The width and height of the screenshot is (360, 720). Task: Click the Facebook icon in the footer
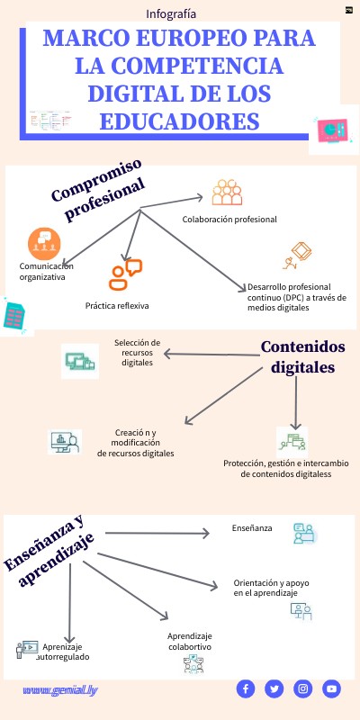(246, 688)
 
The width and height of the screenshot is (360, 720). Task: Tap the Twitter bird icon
(274, 688)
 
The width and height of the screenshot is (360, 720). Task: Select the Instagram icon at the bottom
(303, 688)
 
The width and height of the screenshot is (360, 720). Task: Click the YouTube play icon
(332, 688)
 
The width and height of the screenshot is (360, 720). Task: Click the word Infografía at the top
(171, 13)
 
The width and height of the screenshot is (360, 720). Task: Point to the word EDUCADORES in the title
(181, 121)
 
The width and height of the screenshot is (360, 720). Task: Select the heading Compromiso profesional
(98, 199)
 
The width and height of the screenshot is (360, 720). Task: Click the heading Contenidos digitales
(302, 357)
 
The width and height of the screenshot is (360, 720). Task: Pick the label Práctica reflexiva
(117, 306)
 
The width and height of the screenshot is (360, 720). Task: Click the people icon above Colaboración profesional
(227, 193)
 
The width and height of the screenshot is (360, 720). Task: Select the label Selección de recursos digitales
(137, 352)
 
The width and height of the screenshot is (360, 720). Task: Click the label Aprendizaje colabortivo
(190, 641)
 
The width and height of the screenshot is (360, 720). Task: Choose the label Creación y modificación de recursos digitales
(136, 442)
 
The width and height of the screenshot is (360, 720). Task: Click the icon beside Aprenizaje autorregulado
(26, 647)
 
